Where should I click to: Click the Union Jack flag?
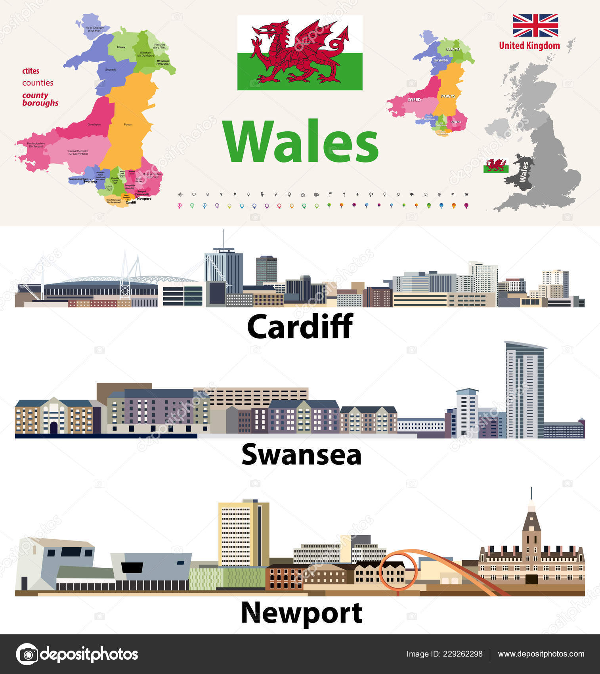(535, 25)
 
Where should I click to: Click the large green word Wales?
(300, 142)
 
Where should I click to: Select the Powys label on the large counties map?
(128, 124)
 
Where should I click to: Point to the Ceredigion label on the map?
(94, 124)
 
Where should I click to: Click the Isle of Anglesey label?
(95, 29)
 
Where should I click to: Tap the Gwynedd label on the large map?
(111, 70)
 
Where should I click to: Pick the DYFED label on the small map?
(414, 100)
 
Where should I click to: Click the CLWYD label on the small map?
(453, 49)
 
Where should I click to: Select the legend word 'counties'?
(38, 83)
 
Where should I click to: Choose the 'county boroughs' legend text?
(40, 99)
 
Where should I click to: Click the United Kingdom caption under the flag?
(529, 46)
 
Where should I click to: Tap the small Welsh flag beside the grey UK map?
(496, 166)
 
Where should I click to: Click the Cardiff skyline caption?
(300, 326)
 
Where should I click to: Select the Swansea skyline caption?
(301, 454)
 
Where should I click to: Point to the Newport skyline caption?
(301, 613)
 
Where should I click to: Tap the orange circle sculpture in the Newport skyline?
(398, 571)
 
